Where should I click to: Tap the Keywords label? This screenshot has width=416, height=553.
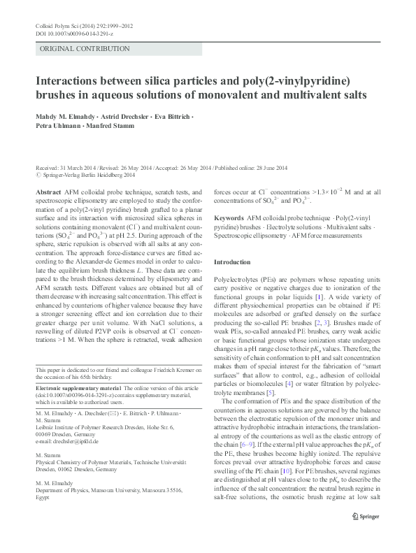pos(229,218)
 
